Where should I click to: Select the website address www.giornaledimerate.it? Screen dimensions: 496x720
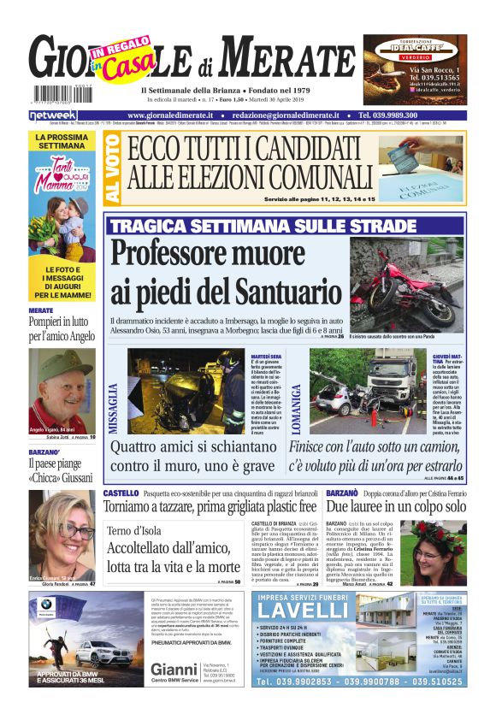click(x=173, y=115)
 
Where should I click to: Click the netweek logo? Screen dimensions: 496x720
click(x=52, y=115)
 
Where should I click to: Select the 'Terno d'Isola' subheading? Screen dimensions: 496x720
click(x=136, y=530)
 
